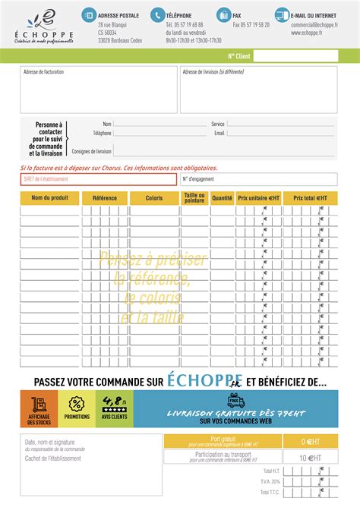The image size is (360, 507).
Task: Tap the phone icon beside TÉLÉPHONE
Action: click(157, 14)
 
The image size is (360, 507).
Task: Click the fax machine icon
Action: click(223, 14)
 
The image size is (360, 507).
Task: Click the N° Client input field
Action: click(295, 55)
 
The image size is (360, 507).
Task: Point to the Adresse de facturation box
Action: click(99, 90)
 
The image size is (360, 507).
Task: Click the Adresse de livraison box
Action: click(258, 90)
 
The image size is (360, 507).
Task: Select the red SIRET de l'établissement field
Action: click(99, 179)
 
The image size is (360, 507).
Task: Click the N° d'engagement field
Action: click(258, 179)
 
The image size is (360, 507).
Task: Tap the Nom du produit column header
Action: click(50, 198)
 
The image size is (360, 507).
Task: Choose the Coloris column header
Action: click(154, 198)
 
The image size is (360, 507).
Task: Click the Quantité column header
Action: click(222, 198)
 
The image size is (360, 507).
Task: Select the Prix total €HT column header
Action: click(310, 198)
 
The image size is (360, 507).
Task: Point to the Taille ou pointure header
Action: click(194, 198)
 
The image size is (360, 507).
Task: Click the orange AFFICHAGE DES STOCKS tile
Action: click(39, 408)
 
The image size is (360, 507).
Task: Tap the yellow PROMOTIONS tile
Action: click(77, 408)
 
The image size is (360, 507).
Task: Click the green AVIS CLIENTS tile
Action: click(114, 408)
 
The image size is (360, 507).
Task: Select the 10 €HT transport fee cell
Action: click(310, 458)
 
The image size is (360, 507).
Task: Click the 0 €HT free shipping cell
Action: click(310, 441)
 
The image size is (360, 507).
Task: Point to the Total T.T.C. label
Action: click(270, 492)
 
